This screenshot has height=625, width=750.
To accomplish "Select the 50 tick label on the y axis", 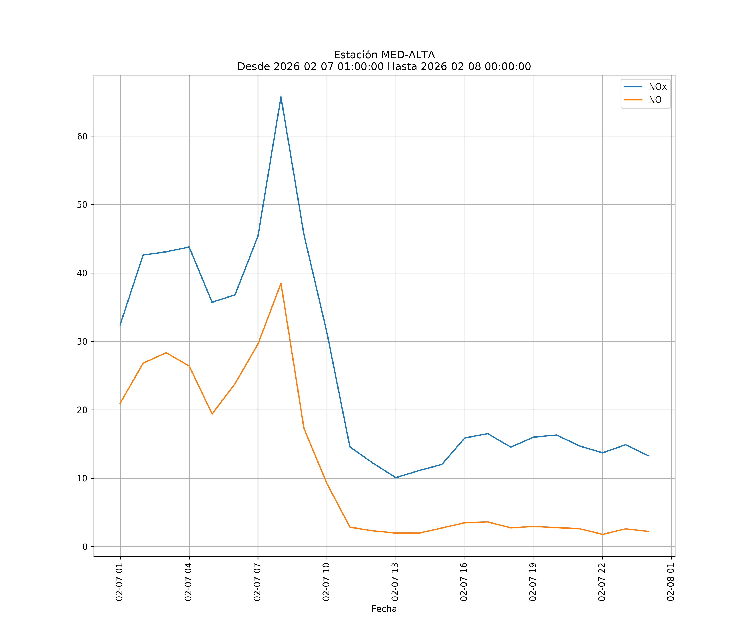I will tap(82, 205).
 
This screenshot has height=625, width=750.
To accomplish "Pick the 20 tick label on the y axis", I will tap(82, 410).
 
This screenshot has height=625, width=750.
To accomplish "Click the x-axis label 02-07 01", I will tap(120, 582).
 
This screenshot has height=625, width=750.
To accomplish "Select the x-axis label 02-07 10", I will tap(326, 582).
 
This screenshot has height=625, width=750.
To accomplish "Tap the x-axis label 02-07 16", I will tap(464, 582).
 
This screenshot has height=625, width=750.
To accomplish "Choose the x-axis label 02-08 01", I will tap(671, 582).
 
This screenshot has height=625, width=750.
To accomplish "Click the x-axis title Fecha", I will tap(384, 609).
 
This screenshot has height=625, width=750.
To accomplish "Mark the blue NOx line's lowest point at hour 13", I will tap(396, 477).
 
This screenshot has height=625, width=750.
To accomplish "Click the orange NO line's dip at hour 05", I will tap(212, 414).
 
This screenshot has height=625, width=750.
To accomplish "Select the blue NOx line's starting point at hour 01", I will tap(120, 325).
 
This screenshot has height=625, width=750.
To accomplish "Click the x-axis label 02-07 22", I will tap(602, 582).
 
